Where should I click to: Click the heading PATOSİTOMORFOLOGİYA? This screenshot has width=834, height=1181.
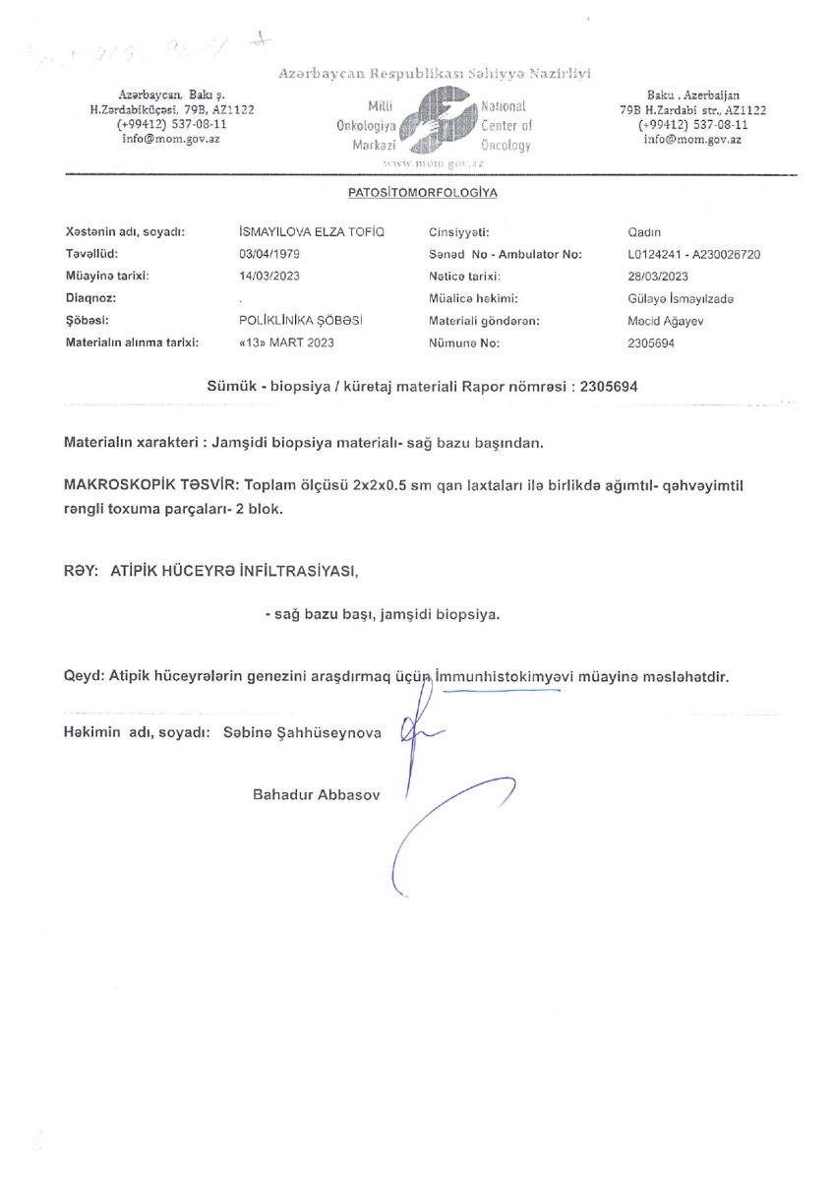422,193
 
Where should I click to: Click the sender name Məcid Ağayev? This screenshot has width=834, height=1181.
662,321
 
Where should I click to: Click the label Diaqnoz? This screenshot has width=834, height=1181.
90,298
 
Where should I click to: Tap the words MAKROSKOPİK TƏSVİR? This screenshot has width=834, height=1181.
149,486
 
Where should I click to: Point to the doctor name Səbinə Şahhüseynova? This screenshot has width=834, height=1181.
302,733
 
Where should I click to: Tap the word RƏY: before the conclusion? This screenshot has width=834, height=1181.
78,570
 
